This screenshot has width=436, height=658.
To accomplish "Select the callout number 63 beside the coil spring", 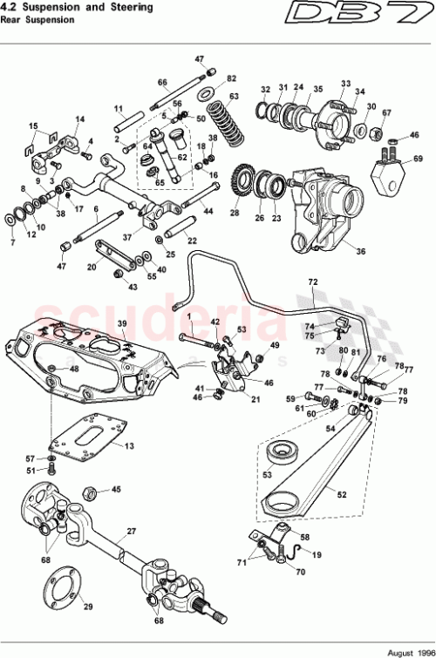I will tap(234, 96).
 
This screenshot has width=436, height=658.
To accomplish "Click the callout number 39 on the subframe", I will tap(122, 323).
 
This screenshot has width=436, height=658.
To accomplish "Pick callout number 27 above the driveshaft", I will tap(132, 530).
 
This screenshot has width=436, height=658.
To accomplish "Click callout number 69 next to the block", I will tap(418, 159).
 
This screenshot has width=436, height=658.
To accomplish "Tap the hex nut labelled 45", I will tap(87, 492).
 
